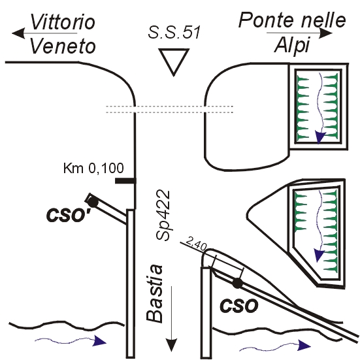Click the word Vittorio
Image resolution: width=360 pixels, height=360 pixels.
click(x=63, y=22)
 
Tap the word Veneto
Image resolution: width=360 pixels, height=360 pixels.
click(x=63, y=46)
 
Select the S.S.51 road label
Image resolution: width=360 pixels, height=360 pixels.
click(x=174, y=32)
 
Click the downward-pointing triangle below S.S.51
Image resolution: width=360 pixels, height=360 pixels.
click(x=174, y=61)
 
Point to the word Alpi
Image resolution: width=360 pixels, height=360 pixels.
click(x=292, y=45)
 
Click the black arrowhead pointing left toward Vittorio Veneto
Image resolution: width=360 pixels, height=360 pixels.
click(x=18, y=33)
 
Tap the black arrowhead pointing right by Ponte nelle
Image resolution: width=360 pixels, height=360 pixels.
click(x=327, y=33)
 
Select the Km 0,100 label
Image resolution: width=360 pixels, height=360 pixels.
click(x=93, y=169)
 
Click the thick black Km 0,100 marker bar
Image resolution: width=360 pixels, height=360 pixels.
click(x=125, y=181)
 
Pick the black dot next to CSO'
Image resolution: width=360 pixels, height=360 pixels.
click(x=93, y=203)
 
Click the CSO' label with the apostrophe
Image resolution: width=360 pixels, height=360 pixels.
click(x=68, y=215)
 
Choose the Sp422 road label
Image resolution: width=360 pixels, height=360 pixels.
click(x=163, y=215)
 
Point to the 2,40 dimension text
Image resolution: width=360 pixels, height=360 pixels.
click(x=195, y=244)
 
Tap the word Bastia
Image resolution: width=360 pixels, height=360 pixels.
click(x=154, y=293)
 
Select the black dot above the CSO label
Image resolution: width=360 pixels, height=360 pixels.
click(x=237, y=284)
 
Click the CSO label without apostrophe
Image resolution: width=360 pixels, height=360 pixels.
click(x=238, y=305)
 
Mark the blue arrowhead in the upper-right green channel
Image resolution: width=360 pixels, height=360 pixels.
click(x=320, y=137)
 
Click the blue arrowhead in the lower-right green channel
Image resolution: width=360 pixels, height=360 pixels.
click(x=319, y=255)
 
